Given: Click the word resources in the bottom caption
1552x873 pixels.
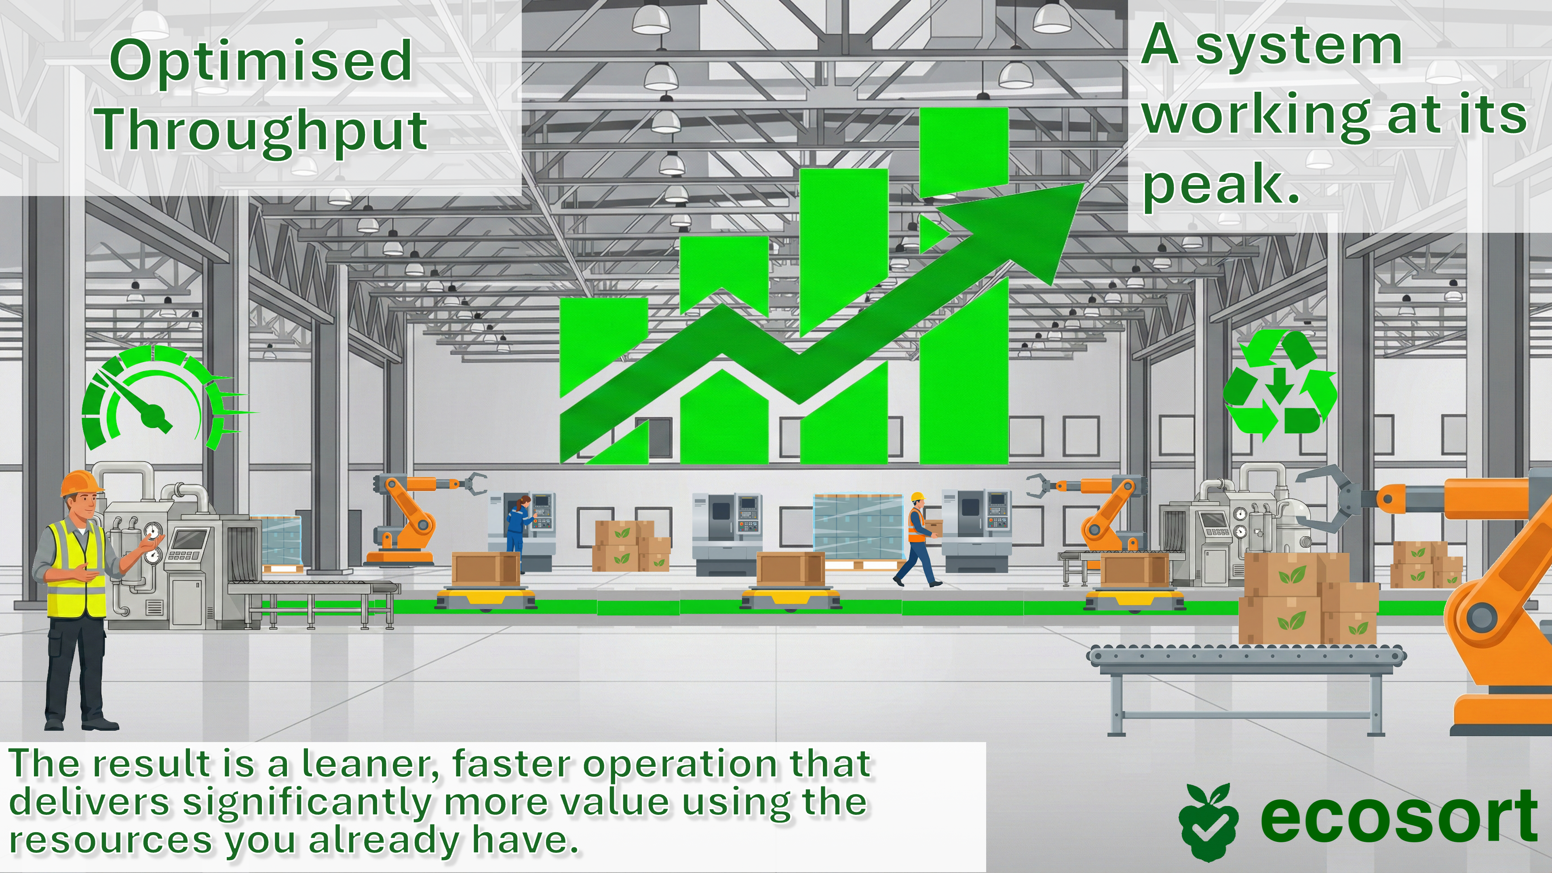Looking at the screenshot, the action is click(110, 841).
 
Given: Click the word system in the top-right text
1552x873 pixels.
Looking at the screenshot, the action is click(1298, 47).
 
